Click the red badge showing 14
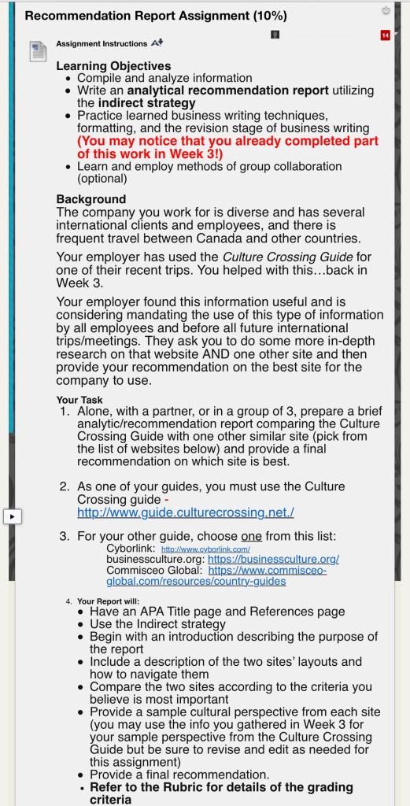pos(385,35)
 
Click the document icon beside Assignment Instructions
pos(38,52)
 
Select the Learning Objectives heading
pos(113,66)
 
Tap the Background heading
pos(90,199)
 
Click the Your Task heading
pos(79,400)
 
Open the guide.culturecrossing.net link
pos(186,512)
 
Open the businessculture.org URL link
pos(273,559)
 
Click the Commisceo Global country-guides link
pos(216,575)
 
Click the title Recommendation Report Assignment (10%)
pos(156,16)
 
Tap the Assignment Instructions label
pos(102,44)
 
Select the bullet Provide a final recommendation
pos(179,775)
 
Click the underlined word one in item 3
pos(251,536)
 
